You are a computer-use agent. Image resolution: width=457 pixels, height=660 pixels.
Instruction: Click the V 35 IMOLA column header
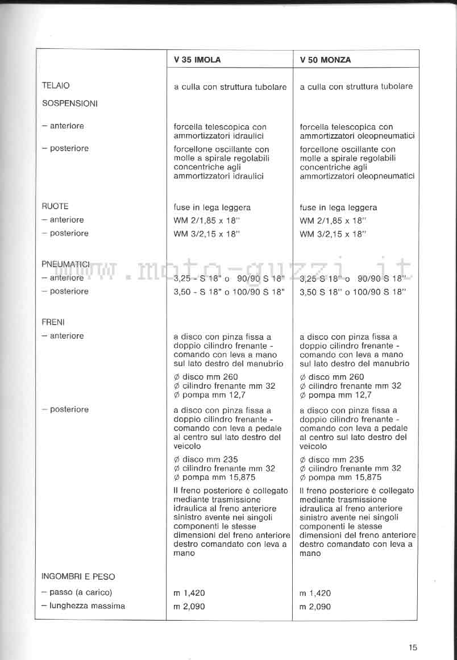(x=197, y=60)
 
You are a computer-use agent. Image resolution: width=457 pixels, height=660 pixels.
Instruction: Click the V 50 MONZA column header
(x=325, y=60)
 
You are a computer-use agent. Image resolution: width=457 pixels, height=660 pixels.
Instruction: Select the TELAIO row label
(x=56, y=86)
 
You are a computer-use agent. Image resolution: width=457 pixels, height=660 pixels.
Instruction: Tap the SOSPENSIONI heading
(x=69, y=103)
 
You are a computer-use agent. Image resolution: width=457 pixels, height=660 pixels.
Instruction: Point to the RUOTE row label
(x=55, y=206)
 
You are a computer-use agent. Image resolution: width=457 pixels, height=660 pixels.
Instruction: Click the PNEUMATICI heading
(x=66, y=264)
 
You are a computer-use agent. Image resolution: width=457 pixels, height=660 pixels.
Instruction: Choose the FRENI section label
(x=53, y=322)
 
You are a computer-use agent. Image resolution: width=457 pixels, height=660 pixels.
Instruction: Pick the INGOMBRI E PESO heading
(x=78, y=576)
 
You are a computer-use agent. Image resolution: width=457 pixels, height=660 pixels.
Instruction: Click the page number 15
(x=413, y=647)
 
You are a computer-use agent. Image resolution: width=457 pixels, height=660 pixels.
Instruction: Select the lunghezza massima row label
(x=83, y=606)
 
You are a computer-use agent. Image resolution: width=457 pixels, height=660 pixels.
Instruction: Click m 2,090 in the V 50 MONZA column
(x=315, y=607)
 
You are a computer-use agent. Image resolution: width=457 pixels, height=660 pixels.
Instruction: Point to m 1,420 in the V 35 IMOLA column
(x=189, y=593)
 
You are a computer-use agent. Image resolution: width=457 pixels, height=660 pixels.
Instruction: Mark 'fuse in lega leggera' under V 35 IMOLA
(x=212, y=207)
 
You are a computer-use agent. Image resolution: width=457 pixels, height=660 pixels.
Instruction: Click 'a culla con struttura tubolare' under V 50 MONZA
(x=356, y=87)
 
